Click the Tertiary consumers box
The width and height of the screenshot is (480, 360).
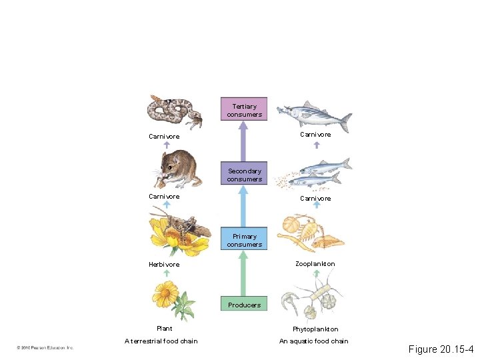point(244,110)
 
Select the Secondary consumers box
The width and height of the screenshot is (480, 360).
point(244,175)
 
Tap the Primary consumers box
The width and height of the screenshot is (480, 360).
point(244,240)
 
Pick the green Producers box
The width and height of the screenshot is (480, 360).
point(244,305)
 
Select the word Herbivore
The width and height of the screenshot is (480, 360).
point(164,265)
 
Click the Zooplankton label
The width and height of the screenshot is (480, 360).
point(315,264)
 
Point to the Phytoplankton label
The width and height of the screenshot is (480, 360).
point(315,329)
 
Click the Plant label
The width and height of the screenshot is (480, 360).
point(164,328)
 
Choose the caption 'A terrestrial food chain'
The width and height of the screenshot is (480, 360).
point(161,341)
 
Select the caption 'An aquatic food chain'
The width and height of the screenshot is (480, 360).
point(313,341)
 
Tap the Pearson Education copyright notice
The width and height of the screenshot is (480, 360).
point(46,347)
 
